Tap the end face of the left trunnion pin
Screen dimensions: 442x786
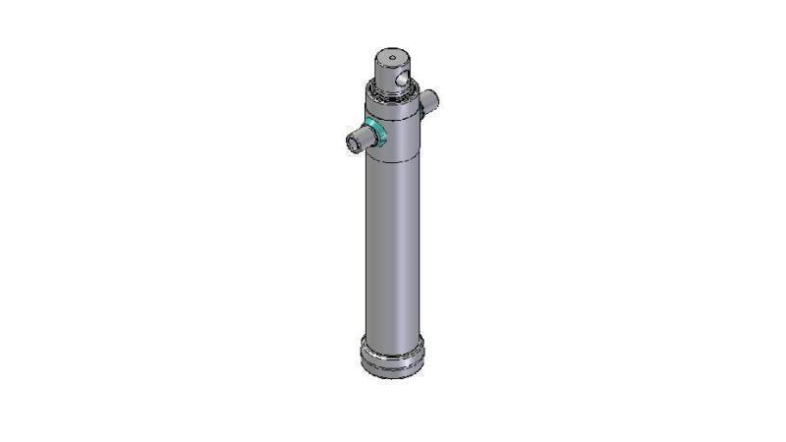click(352, 145)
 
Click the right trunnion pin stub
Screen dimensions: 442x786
click(431, 99)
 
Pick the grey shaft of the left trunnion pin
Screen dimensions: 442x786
click(361, 139)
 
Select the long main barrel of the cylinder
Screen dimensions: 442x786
click(392, 246)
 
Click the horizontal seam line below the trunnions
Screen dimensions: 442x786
click(393, 161)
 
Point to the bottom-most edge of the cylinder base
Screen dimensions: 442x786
click(393, 379)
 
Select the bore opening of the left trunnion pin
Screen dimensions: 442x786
click(351, 145)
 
